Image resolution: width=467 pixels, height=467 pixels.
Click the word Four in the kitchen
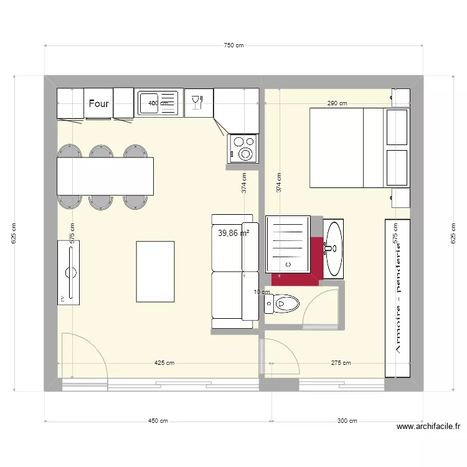click(x=99, y=104)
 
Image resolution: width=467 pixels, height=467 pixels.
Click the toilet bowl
click(x=283, y=304)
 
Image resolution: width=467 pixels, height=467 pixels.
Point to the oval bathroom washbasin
click(x=333, y=248)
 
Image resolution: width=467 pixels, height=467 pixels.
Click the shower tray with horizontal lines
click(x=287, y=244)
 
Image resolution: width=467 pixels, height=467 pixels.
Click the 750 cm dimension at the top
click(x=233, y=45)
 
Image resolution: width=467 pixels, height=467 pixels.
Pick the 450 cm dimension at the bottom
click(x=158, y=421)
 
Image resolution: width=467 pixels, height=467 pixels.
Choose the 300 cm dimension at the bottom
click(x=347, y=421)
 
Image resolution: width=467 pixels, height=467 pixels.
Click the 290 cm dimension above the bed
click(x=337, y=103)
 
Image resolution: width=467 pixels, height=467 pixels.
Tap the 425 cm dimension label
click(x=164, y=363)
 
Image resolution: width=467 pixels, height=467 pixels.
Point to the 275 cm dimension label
click(x=341, y=363)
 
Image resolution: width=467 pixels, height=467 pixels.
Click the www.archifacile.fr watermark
click(x=428, y=427)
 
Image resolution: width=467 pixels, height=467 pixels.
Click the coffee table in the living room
click(x=154, y=271)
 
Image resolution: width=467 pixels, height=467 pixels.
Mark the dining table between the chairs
click(x=105, y=176)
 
